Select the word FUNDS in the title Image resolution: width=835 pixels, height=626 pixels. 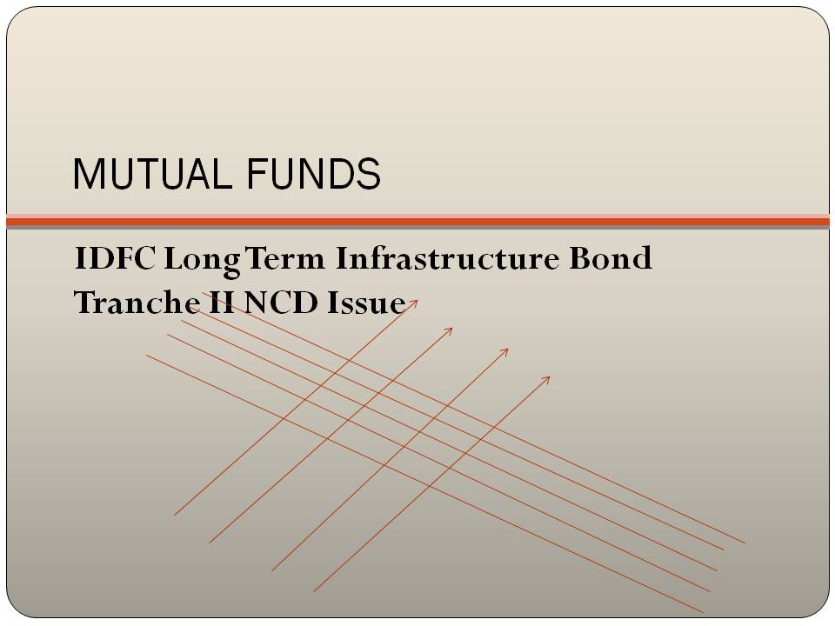(x=314, y=175)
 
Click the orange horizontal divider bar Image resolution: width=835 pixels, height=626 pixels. (x=417, y=222)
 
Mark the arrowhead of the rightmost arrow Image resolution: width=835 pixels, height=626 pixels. (x=549, y=376)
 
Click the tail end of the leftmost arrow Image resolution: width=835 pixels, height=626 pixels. (x=175, y=515)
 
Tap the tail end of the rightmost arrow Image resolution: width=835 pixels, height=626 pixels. (x=314, y=591)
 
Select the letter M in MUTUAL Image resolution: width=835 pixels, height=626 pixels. (x=85, y=175)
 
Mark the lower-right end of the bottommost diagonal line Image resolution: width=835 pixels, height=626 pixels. (x=703, y=612)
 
